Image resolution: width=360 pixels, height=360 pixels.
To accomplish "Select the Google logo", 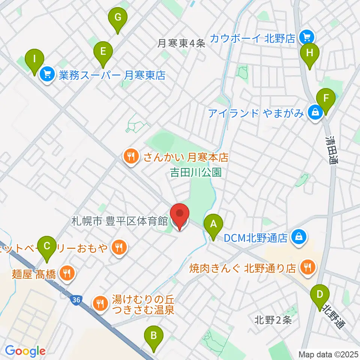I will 25,351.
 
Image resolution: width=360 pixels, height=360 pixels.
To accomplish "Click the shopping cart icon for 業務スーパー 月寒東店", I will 48,75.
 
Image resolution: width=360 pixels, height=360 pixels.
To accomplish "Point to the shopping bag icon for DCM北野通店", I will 298,238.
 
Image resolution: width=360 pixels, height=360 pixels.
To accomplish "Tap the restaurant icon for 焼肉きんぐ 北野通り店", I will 308,267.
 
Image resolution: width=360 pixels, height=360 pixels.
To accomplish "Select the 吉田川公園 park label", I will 195,172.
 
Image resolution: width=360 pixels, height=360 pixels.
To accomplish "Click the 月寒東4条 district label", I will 181,43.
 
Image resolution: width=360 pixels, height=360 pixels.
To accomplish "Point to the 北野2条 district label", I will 273,320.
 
